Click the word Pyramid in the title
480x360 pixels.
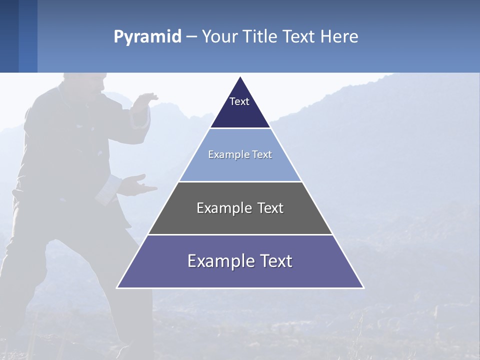point(147,37)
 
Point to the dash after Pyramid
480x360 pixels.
point(191,37)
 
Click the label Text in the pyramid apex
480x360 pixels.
point(239,101)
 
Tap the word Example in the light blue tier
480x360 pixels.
point(225,154)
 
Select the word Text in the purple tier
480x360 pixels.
point(273,261)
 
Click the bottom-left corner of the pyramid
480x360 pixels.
point(117,287)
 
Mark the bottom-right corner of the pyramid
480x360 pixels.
point(363,287)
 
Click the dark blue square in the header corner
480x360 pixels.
point(9,36)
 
